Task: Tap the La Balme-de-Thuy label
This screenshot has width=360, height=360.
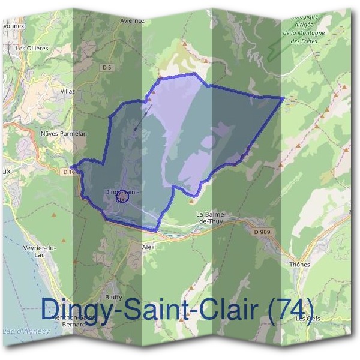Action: pos(210,218)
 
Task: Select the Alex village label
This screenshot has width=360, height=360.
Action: pos(148,247)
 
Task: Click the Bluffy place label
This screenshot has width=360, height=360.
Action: pos(113,297)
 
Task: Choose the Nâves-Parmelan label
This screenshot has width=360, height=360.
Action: pos(63,133)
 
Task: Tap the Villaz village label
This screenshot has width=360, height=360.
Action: pos(67,91)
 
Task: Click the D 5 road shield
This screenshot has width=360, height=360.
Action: pos(107,68)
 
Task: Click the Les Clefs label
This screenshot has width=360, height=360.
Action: pos(309,319)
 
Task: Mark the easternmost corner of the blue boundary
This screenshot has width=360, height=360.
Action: pos(283,97)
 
